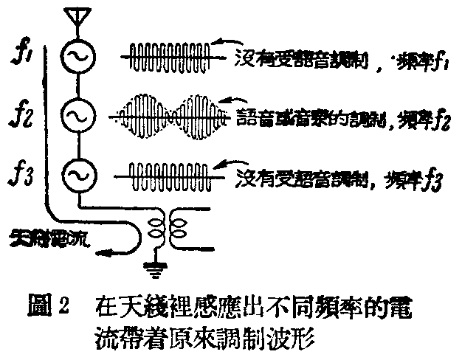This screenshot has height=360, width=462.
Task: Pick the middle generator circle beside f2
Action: pyautogui.click(x=76, y=114)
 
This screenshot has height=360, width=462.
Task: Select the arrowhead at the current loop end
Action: pyautogui.click(x=108, y=254)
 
